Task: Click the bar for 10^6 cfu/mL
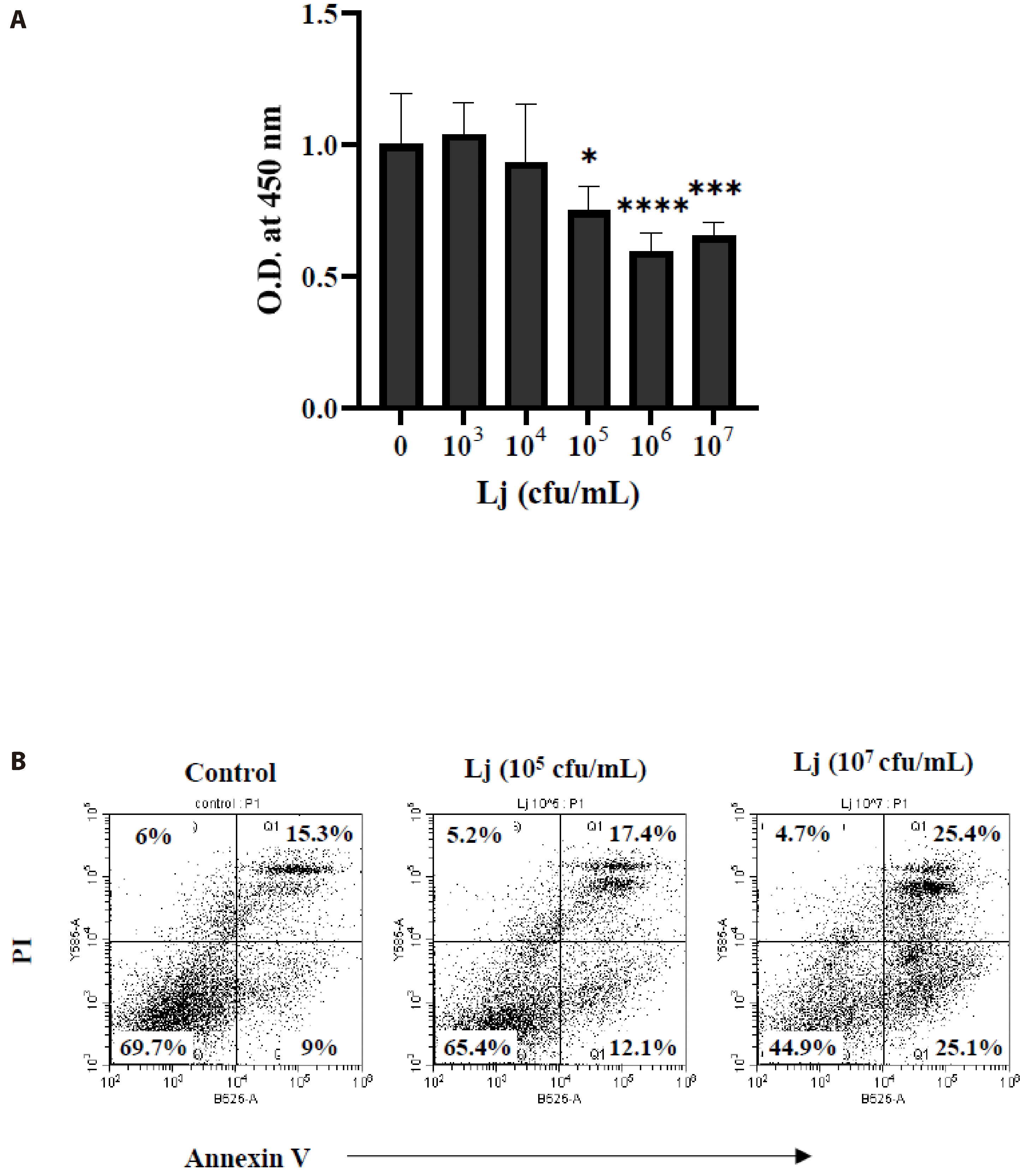tap(651, 329)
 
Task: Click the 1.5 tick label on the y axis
tap(320, 14)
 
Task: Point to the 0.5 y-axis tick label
tap(320, 278)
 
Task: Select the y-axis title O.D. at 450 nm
tap(269, 209)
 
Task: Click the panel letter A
tap(18, 20)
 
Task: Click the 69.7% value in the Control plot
tap(153, 1047)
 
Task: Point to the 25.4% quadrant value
tap(967, 834)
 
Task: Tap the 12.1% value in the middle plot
tap(642, 1047)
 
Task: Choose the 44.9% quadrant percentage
tap(802, 1047)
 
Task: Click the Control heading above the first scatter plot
tap(230, 773)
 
